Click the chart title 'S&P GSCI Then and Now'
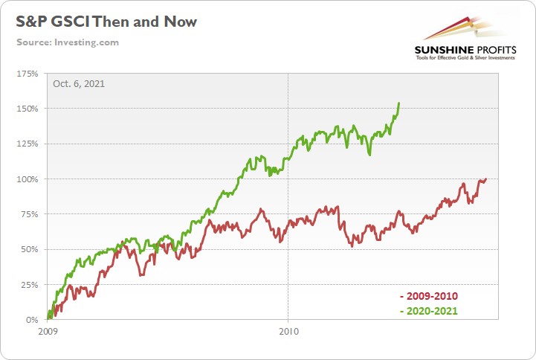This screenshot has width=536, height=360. [106, 22]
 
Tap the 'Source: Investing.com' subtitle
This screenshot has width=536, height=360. [68, 42]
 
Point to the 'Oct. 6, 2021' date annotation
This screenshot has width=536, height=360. [79, 83]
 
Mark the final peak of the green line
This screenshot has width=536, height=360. [400, 103]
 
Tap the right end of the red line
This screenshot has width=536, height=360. [485, 179]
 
